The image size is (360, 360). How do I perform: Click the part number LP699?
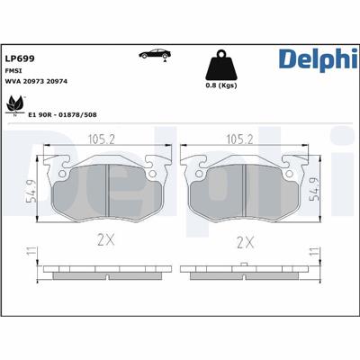(x=20, y=58)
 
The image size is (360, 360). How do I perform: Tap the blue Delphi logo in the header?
(x=318, y=59)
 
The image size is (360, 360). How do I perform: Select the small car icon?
(x=155, y=54)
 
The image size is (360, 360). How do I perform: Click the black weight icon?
(x=221, y=65)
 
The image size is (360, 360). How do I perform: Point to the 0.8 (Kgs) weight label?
(x=221, y=85)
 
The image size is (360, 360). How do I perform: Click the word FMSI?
(x=12, y=71)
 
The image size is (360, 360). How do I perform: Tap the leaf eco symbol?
(x=14, y=105)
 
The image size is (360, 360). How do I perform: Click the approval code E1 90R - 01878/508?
(x=62, y=114)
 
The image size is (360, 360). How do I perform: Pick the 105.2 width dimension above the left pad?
(x=102, y=139)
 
